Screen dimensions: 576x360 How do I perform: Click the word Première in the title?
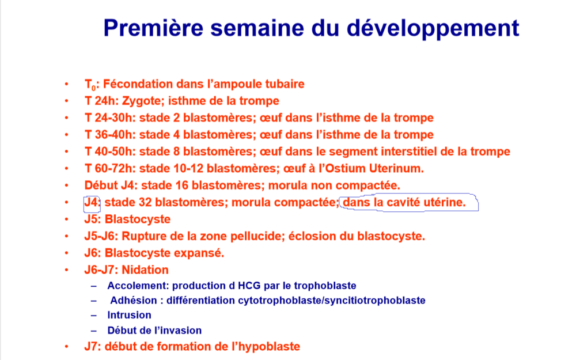[x=153, y=28]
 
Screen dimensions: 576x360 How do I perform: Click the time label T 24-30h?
[x=110, y=118]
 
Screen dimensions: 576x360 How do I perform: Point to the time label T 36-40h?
[x=110, y=134]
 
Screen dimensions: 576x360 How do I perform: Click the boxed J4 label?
[x=92, y=202]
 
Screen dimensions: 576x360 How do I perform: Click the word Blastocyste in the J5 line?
[x=138, y=219]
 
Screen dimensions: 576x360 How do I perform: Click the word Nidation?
[x=145, y=270]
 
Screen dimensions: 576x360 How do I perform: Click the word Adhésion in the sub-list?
[x=134, y=300]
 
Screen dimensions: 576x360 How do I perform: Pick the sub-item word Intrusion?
[x=129, y=315]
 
